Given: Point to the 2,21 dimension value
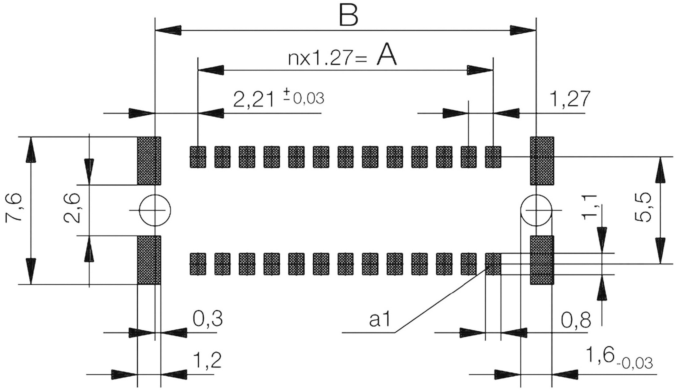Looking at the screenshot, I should (254, 99).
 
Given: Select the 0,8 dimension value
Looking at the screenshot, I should (576, 321).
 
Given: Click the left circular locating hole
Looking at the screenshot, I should (155, 210).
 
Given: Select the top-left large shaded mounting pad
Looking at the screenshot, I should (149, 161).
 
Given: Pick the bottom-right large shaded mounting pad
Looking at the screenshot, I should (542, 260).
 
